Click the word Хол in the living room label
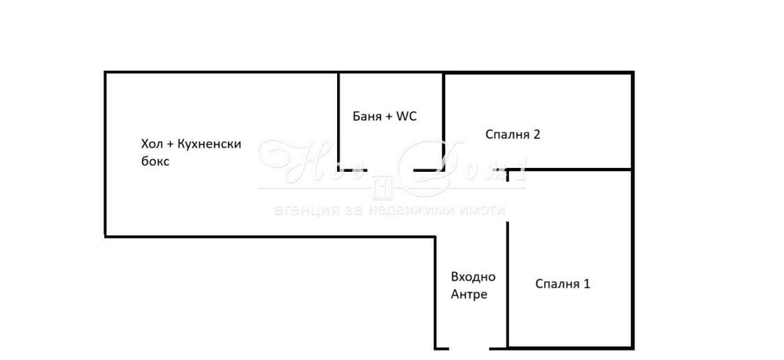[151, 144]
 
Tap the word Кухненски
[209, 144]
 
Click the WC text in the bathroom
[406, 116]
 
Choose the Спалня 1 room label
[562, 283]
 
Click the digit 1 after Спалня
[586, 283]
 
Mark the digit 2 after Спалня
[537, 134]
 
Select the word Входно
[473, 277]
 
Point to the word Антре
[469, 295]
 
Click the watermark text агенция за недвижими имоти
[390, 210]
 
